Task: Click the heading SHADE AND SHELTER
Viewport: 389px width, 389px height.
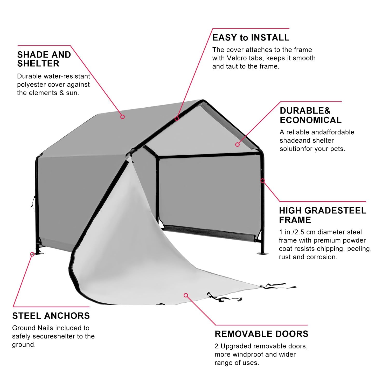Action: click(44, 59)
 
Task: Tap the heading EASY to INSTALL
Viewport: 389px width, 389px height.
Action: click(251, 38)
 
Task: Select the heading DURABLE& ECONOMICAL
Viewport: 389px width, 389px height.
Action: click(310, 115)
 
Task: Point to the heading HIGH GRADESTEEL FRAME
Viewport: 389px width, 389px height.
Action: click(322, 215)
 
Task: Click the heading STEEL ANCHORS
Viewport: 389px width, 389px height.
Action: click(51, 316)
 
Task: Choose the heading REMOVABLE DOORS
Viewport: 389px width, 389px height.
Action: click(261, 334)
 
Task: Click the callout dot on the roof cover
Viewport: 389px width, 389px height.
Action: click(123, 117)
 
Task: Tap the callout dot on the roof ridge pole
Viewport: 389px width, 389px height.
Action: click(177, 119)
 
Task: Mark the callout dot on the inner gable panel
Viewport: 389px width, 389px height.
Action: click(237, 144)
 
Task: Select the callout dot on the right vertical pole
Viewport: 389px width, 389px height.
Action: click(263, 180)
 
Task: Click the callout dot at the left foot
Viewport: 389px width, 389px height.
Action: click(32, 254)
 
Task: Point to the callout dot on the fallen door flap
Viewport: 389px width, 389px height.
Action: click(186, 295)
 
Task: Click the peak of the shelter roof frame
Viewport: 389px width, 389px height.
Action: click(204, 101)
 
